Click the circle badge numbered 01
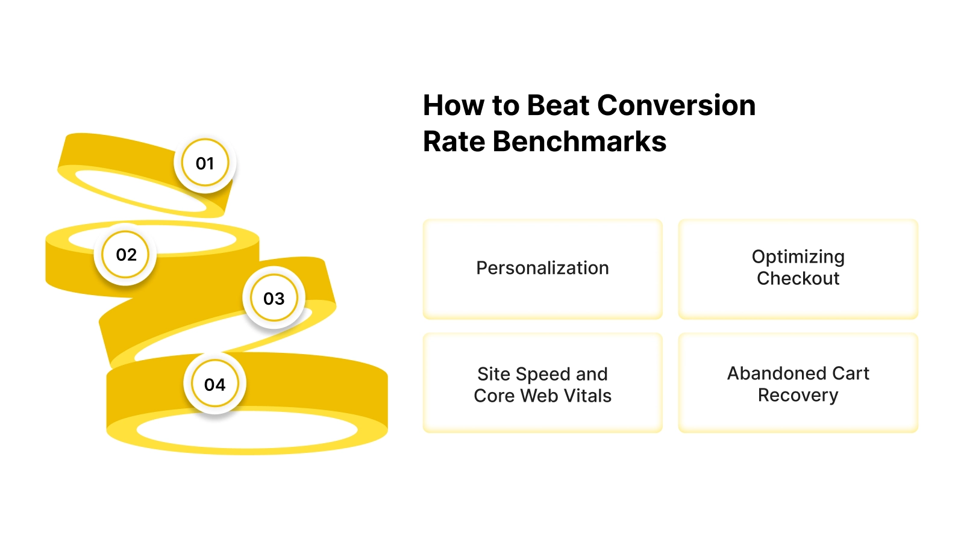click(x=205, y=163)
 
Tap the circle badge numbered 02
click(x=126, y=255)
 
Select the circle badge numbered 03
click(x=274, y=299)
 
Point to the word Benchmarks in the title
click(x=579, y=142)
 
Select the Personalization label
click(x=542, y=268)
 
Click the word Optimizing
click(x=798, y=257)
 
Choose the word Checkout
click(x=798, y=279)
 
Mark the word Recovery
click(x=798, y=396)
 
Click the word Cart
click(x=851, y=373)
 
